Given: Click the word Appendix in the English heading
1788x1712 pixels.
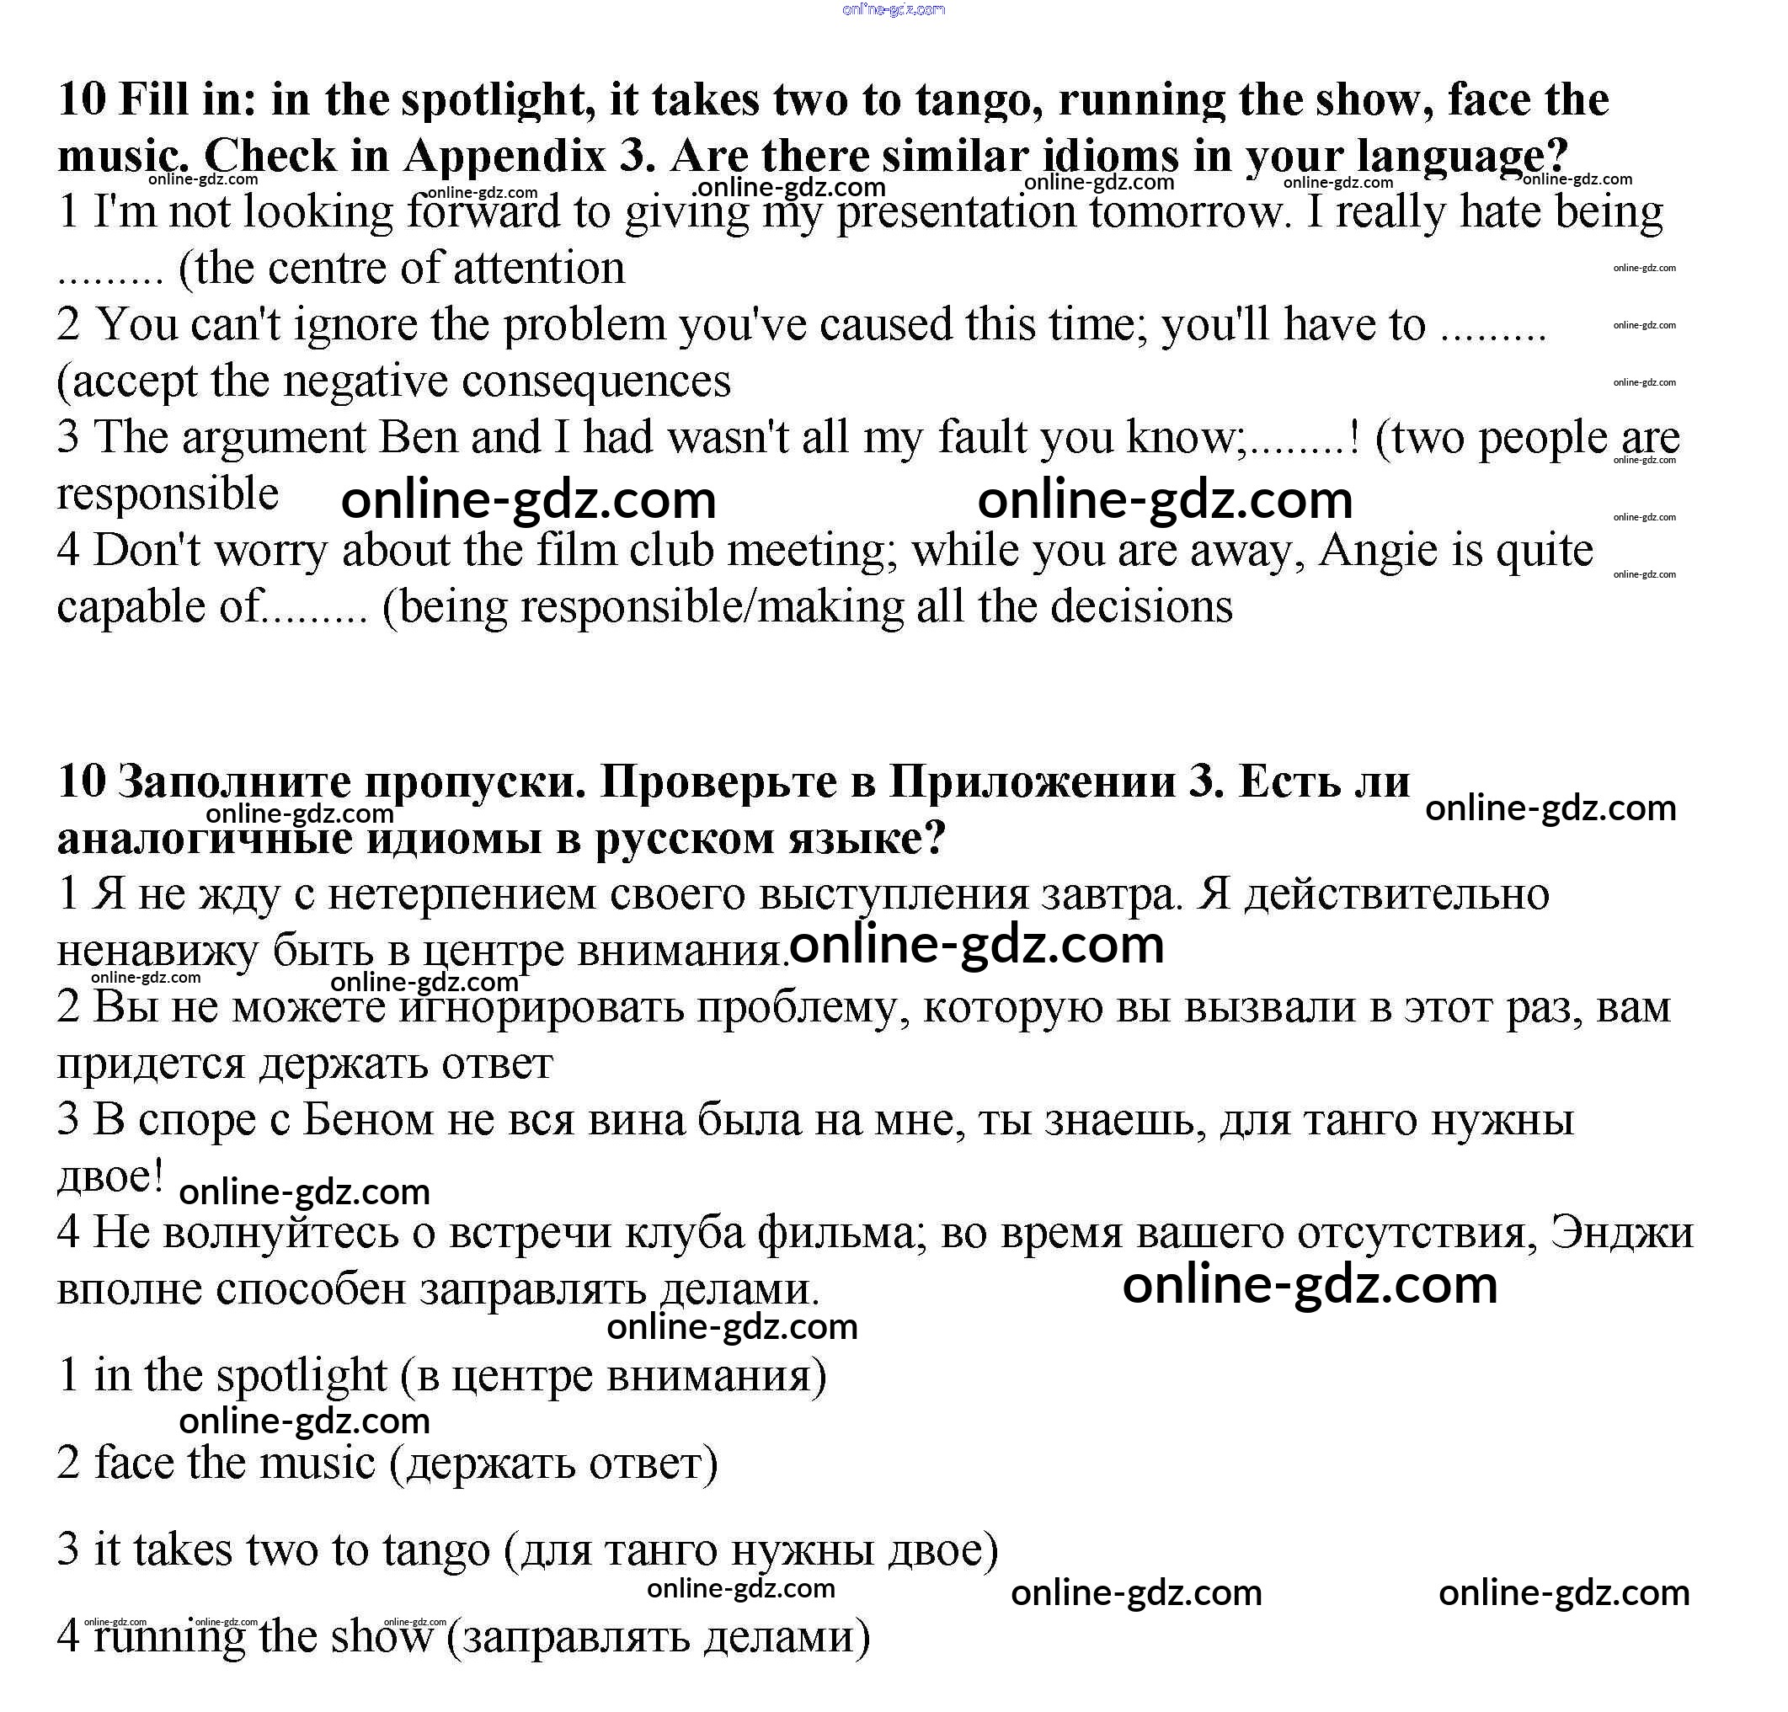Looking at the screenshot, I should (504, 156).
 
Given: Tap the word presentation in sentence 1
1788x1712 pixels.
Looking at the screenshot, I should (956, 213).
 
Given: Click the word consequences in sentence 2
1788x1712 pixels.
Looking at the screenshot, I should (596, 381).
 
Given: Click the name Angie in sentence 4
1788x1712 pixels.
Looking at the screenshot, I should (1376, 551).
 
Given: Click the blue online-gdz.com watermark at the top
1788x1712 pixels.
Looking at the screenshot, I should (894, 10).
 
